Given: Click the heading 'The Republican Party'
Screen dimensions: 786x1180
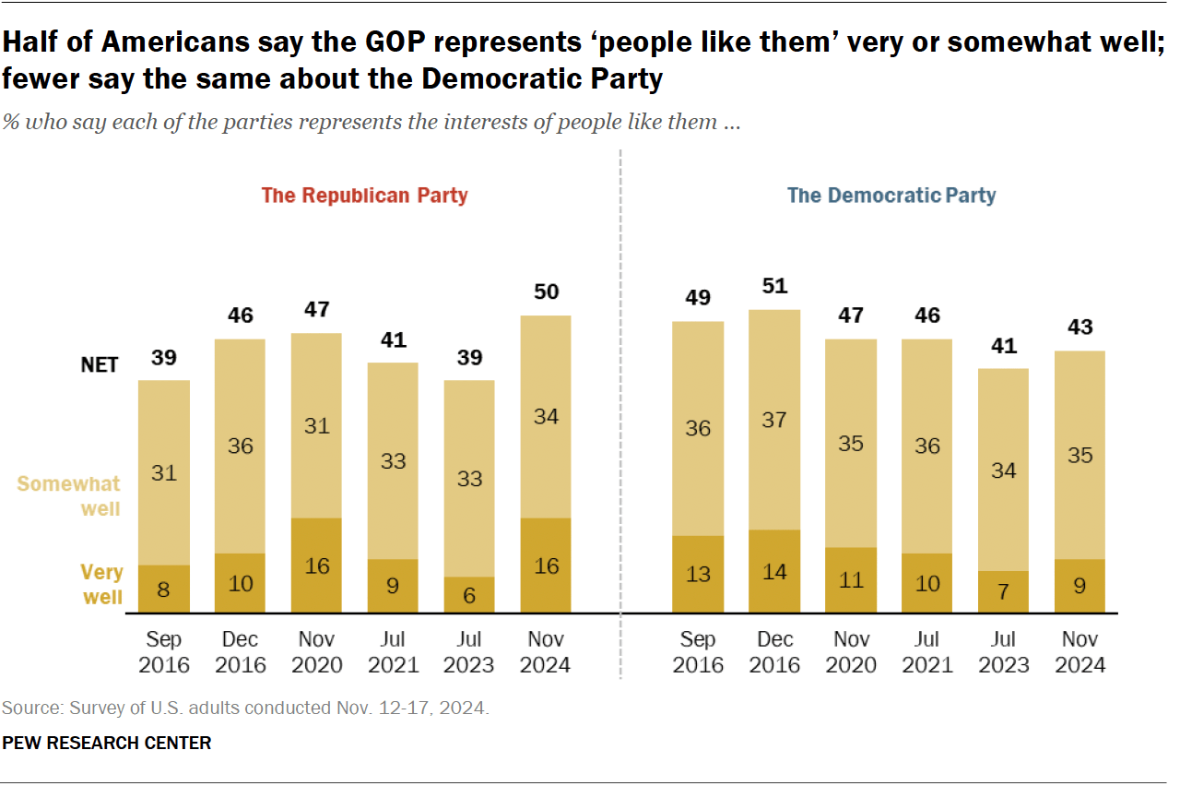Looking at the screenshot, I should [364, 196].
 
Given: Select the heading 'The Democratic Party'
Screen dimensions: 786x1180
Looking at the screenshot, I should [891, 196].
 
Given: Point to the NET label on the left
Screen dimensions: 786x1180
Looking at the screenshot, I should [100, 364].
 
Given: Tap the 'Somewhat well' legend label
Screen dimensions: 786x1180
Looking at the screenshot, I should [69, 496].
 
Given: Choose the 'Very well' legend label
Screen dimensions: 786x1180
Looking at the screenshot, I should [101, 585].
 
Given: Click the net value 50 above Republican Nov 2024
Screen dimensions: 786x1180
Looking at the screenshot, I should [546, 292].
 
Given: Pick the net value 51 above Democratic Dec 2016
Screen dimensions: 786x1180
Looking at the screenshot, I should [774, 286].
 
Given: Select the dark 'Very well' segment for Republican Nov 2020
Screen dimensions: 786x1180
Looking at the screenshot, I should [316, 566].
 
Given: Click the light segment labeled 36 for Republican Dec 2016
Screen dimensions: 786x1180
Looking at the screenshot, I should [240, 446].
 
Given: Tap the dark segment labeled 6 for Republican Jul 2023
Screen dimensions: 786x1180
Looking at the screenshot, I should [469, 595].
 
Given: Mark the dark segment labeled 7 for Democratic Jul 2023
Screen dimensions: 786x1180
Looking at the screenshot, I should [1003, 591].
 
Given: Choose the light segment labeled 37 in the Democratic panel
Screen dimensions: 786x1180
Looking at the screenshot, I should [774, 420].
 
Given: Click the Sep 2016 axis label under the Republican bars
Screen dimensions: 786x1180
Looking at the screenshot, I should [164, 652].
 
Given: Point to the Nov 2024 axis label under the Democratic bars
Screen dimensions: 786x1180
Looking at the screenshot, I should [1080, 652].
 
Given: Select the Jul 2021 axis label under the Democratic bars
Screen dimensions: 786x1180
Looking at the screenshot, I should [926, 652].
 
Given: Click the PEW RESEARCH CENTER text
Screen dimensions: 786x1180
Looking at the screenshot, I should [106, 743].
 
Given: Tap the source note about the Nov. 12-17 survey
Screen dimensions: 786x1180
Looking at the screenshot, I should [244, 709].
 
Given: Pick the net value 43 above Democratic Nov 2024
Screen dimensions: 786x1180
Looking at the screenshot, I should [1080, 327].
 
